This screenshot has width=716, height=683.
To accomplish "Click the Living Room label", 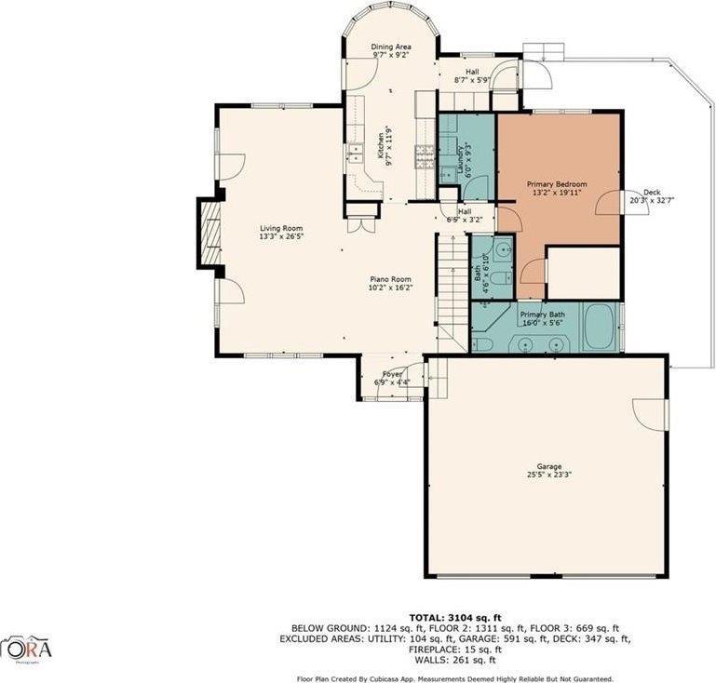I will [x=281, y=228].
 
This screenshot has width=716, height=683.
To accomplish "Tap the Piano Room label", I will [x=390, y=279].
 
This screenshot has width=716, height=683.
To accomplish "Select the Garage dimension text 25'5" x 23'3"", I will [x=548, y=474].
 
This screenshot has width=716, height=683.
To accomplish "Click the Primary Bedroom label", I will [x=557, y=184].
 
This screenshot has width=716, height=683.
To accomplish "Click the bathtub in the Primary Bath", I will [x=600, y=328].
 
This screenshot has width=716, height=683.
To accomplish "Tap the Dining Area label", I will [x=391, y=47].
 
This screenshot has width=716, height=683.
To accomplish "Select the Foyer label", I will [x=392, y=374].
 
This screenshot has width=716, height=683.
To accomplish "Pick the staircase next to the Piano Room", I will [x=453, y=288].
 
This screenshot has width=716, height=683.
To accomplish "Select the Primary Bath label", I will [x=542, y=315].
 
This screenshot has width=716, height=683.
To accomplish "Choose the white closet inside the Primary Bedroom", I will [x=583, y=273].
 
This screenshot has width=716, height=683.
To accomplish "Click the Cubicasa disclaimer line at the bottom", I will [x=455, y=678].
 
